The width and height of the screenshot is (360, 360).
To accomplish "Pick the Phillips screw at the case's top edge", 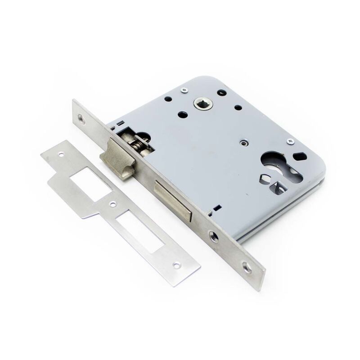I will pos(184,90).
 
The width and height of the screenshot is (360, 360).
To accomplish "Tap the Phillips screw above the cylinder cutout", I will pos(291,142).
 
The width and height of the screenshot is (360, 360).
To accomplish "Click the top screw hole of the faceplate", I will pos(81,119).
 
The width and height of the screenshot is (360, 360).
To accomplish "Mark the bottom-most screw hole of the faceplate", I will pos(247,268).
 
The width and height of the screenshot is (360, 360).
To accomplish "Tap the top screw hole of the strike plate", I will pos(61,154).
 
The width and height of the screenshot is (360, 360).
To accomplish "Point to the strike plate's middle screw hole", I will pos(113,204).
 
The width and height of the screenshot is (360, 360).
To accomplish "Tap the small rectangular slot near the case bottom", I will pos(217,208).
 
